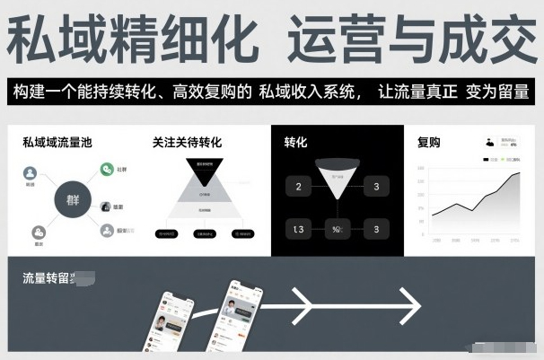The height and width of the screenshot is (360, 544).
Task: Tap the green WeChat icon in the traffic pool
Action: click(106, 169)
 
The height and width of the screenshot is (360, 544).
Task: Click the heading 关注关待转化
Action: click(187, 142)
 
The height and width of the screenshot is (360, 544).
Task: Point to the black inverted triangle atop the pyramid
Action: click(205, 170)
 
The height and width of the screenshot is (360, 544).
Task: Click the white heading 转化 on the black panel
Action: click(296, 142)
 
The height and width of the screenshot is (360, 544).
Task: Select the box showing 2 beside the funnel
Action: click(298, 187)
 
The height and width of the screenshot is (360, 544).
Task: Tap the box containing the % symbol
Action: click(337, 229)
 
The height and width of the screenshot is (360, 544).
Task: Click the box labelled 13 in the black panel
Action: click(298, 229)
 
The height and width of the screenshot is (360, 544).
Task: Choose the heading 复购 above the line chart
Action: click(429, 142)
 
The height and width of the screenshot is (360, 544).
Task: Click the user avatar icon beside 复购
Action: click(489, 142)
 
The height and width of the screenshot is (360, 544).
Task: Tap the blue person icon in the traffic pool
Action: click(30, 172)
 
